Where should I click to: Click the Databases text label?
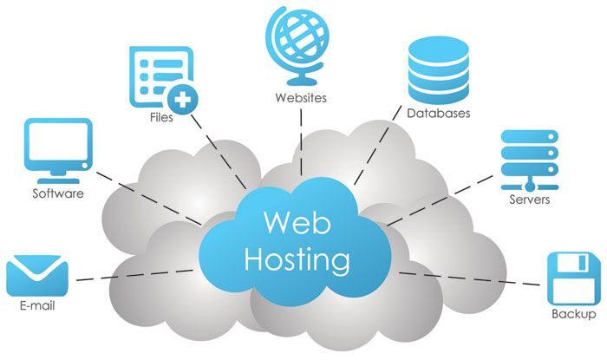[x=440, y=114]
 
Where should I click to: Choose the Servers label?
[x=529, y=200]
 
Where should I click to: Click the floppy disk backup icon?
[x=573, y=277]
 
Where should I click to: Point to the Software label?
[x=58, y=193]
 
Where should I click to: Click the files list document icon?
[x=156, y=73]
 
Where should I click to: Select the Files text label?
[x=160, y=118]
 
